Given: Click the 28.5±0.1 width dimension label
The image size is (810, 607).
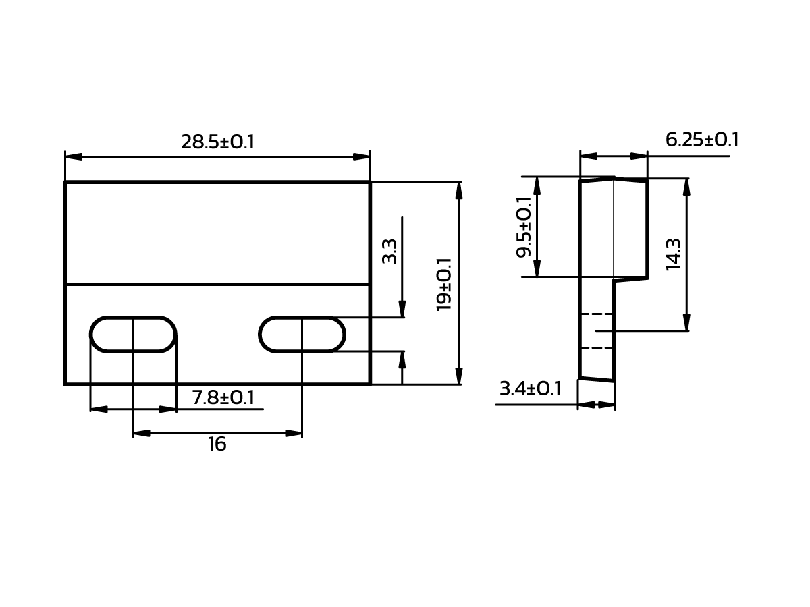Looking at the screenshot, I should coord(217,142).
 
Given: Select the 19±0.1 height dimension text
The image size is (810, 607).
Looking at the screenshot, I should coord(444,284).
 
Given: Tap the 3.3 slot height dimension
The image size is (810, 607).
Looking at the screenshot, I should coord(389,251).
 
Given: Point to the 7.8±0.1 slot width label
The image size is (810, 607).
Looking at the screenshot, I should coord(223,398).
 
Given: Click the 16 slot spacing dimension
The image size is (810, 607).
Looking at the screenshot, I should coord(217,444).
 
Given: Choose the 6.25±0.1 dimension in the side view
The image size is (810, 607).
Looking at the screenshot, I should coord(702,140).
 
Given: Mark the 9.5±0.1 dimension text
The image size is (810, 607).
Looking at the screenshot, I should coord(524,227).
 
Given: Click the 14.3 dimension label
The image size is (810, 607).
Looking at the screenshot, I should coord(674,254).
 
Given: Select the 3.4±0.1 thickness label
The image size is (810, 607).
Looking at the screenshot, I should coord(530,389).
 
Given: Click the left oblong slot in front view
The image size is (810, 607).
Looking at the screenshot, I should coord(133,335).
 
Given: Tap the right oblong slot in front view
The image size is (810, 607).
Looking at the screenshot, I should coord(302,335).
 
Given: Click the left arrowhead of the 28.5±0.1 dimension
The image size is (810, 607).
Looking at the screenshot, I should coord(74,156).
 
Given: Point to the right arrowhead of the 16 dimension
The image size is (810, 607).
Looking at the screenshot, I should coord(294,433).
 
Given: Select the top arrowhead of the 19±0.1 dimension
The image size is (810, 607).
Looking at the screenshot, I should coord(459,190).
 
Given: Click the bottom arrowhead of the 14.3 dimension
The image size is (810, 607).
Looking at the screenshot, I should coord(686,322).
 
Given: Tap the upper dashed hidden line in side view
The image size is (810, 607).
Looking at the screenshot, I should coord(596,314).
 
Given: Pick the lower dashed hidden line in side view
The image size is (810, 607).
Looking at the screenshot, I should coord(596,348).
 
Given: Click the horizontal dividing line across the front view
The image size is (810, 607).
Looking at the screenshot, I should coord(217,285).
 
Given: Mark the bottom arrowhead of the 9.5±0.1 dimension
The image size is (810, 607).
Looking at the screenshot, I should coord(537,268).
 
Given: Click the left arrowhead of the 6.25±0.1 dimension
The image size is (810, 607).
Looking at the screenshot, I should coord(588,156).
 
